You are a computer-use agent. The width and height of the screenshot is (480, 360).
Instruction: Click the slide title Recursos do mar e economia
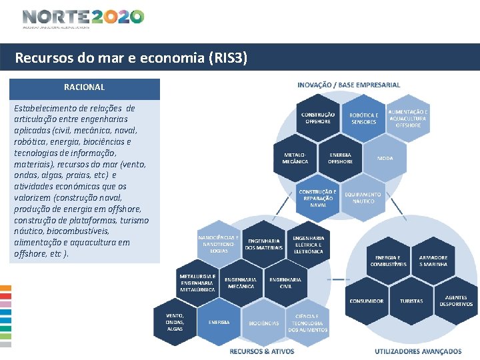(x=131, y=58)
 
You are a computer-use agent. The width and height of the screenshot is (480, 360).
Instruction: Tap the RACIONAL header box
(x=85, y=87)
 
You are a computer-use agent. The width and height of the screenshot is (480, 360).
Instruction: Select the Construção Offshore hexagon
(x=318, y=118)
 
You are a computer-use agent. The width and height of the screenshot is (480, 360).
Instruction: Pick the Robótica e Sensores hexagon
(x=364, y=118)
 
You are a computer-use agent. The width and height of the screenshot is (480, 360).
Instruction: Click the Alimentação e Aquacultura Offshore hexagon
(x=408, y=118)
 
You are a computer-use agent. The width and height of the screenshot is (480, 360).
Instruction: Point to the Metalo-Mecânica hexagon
(x=295, y=157)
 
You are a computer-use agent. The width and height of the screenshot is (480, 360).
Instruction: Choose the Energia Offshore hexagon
(x=341, y=157)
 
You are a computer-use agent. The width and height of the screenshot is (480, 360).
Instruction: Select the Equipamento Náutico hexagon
(x=363, y=197)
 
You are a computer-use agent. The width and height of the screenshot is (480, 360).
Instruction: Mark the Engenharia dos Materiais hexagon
(x=263, y=244)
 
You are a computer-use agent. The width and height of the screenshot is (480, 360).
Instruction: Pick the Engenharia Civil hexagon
(x=285, y=283)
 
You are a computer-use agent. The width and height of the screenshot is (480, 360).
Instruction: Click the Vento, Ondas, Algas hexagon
(x=175, y=321)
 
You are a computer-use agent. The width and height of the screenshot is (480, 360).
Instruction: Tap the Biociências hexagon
(x=264, y=323)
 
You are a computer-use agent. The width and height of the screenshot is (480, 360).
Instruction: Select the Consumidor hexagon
(x=367, y=301)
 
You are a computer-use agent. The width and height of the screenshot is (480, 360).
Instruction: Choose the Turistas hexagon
(x=411, y=301)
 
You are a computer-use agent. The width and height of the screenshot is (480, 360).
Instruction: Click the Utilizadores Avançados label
(x=418, y=351)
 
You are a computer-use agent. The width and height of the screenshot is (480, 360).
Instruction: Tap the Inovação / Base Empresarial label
(x=349, y=85)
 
